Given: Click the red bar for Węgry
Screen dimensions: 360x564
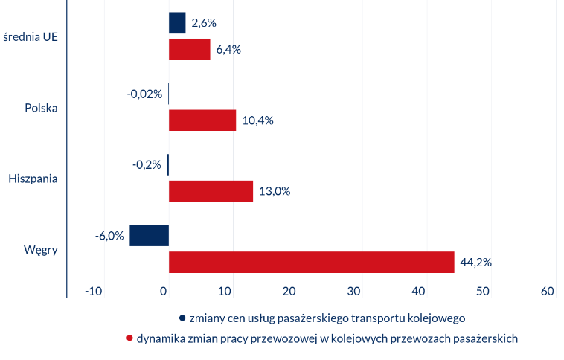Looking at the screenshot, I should click(x=311, y=262).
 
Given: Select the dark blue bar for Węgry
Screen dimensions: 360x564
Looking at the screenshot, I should click(x=149, y=235).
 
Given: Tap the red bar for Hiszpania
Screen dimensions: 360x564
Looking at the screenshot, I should click(x=211, y=191).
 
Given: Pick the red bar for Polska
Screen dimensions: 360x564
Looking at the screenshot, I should click(x=202, y=120).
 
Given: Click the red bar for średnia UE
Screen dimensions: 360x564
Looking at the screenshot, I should click(x=190, y=50).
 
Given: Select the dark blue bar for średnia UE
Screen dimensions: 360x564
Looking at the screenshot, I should click(x=177, y=23).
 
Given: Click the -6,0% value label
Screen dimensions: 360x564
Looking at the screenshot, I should click(x=109, y=236).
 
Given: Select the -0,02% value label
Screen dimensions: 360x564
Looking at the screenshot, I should click(x=144, y=94).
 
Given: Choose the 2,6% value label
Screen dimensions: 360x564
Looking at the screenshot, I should click(x=204, y=23).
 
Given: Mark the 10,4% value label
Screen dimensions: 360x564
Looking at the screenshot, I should click(x=257, y=120).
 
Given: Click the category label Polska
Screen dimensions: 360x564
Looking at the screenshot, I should click(x=41, y=108).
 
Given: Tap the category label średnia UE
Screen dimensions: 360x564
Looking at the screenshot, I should click(x=31, y=36).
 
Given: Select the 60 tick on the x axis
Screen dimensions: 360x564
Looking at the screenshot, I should click(x=548, y=292).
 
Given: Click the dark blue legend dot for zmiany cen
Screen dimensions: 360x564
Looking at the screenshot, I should click(x=182, y=318).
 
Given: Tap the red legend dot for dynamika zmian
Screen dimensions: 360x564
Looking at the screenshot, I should click(x=130, y=338).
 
